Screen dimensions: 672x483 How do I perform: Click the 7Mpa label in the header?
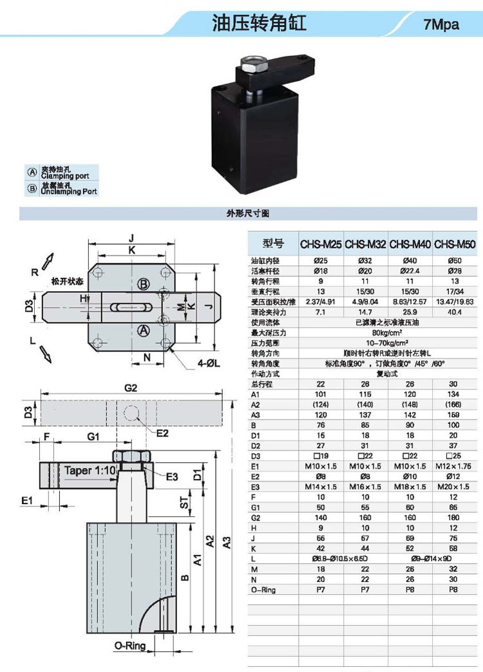[x=441, y=25]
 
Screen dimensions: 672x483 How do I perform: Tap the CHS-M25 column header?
[x=321, y=245]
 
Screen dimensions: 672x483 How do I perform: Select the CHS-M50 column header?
[x=455, y=245]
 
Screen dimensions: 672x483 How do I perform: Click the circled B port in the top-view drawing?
[x=144, y=284]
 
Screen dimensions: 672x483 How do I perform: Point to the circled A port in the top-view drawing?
[x=144, y=330]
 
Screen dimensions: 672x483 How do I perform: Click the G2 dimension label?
[x=131, y=388]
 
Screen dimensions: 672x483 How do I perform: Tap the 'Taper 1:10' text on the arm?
[x=90, y=470]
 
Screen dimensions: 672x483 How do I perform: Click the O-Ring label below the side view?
[x=130, y=646]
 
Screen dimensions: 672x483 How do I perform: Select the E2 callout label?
[x=163, y=433]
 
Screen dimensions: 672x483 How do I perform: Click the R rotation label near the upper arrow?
[x=35, y=272]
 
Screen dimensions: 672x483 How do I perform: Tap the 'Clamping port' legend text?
[x=65, y=175]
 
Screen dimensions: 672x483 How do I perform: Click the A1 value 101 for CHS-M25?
[x=321, y=394]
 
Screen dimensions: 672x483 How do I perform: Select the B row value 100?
[x=455, y=425]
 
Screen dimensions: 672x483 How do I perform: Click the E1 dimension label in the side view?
[x=26, y=500]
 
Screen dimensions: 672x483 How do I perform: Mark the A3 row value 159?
[x=455, y=415]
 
